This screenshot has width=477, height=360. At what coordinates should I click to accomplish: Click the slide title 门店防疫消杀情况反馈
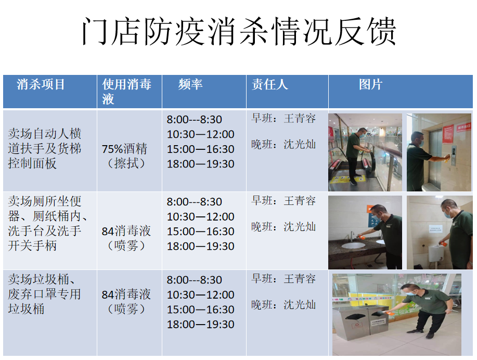coord(239,32)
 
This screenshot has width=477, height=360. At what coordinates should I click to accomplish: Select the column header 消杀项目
coord(41,84)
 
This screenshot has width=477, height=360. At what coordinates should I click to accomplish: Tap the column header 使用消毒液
coord(126,91)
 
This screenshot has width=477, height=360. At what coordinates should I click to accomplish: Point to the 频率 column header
coord(190,84)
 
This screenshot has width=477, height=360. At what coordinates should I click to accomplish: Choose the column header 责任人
coord(270,84)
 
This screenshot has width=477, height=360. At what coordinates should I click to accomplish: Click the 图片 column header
coord(370,84)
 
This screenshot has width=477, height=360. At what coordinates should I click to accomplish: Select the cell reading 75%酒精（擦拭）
coord(125,156)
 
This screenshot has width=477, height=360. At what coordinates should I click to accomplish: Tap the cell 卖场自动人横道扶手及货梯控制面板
coord(45,148)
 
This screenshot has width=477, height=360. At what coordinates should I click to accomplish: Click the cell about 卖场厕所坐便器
coord(47,223)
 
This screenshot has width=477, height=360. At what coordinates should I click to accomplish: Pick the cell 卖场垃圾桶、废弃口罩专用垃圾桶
coord(45,294)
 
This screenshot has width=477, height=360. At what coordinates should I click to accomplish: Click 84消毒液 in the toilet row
coord(126,231)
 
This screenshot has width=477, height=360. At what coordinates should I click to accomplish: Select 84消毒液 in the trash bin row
coord(126,294)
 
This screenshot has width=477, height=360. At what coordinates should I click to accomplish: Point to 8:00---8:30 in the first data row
coord(195,119)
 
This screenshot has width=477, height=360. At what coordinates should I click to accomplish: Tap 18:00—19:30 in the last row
coord(200,324)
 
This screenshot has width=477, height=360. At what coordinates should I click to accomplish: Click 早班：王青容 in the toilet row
coord(283,201)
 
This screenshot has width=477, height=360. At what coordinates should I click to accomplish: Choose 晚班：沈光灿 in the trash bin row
coord(283,305)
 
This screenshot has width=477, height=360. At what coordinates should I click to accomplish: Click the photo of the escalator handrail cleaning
coord(365,152)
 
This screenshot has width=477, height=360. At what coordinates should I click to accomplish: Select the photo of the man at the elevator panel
coord(439,152)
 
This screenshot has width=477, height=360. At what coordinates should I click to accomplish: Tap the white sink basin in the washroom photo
coord(353,245)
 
